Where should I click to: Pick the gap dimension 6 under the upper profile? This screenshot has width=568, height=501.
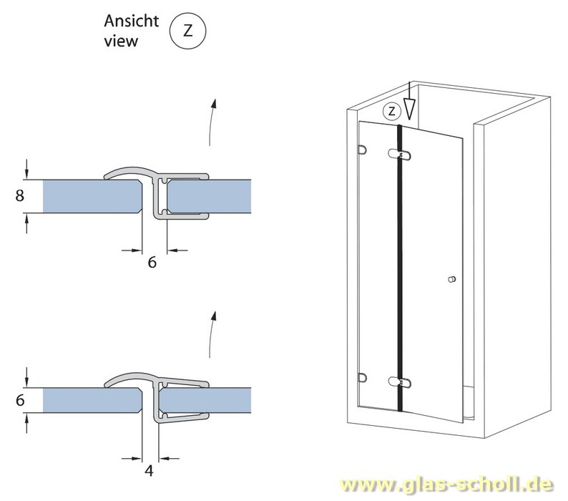point(152,263)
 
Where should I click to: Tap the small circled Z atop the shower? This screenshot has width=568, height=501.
point(391,111)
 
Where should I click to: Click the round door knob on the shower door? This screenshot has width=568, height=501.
point(451,279)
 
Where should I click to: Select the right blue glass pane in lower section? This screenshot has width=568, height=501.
point(207,399)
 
